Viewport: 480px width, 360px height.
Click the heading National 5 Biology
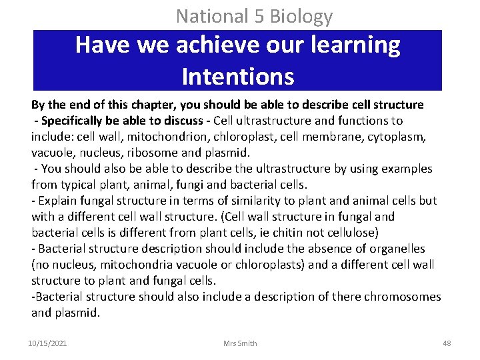click(254, 15)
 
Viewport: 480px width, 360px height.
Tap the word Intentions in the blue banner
click(237, 77)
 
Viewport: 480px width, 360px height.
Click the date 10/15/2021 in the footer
click(47, 343)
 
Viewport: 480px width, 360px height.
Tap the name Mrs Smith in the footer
click(240, 343)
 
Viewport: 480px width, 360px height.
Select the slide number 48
click(447, 343)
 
